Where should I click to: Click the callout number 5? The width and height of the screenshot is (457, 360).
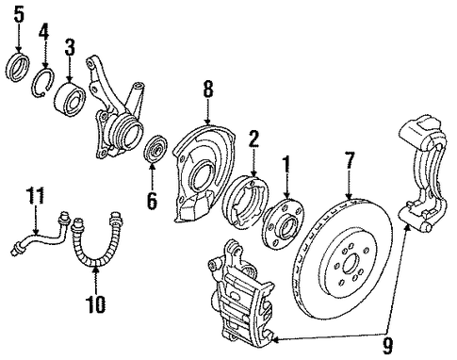(19, 15)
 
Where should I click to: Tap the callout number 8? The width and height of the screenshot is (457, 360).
(208, 90)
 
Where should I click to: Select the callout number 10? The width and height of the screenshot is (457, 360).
(96, 304)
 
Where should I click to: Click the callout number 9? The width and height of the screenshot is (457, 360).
(387, 347)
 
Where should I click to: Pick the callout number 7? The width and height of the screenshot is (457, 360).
(350, 160)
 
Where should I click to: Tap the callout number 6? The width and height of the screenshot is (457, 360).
(152, 201)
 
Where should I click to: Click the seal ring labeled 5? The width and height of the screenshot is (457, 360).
(18, 68)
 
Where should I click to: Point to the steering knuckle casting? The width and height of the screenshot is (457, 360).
(115, 111)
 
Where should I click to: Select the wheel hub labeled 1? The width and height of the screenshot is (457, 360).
(283, 224)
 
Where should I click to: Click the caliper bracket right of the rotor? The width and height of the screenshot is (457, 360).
(423, 172)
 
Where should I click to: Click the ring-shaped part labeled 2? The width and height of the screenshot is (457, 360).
(245, 201)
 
